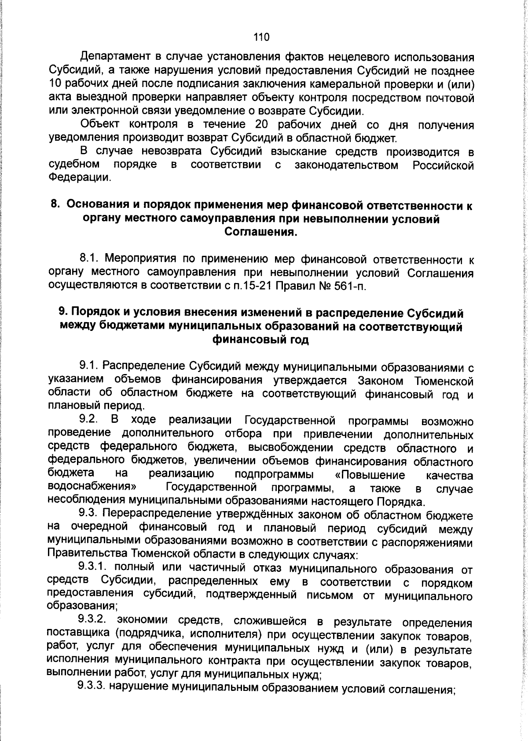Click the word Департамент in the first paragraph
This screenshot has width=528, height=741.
click(114, 57)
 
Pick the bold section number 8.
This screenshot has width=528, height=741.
click(55, 205)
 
